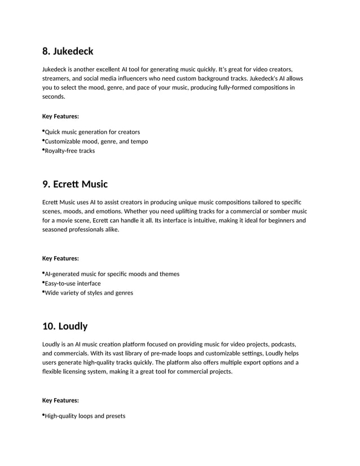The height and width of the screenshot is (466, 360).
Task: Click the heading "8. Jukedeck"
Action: tap(68, 51)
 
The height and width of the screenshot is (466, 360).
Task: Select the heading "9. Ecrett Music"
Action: tap(74, 184)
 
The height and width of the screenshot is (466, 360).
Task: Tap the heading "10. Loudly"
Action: tap(65, 326)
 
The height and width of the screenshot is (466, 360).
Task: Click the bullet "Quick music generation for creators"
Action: tap(92, 132)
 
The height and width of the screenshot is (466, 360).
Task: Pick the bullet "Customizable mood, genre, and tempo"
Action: tap(96, 142)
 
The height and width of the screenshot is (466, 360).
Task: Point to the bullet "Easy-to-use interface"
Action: tap(73, 283)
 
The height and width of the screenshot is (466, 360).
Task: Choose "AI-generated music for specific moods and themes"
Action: tap(112, 274)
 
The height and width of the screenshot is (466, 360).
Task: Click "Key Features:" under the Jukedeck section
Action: tap(60, 117)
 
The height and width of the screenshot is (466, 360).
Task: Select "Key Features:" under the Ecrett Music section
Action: tap(60, 258)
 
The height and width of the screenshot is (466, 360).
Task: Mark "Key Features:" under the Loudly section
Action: tap(60, 401)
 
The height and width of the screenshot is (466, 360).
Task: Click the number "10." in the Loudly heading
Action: tap(49, 326)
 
